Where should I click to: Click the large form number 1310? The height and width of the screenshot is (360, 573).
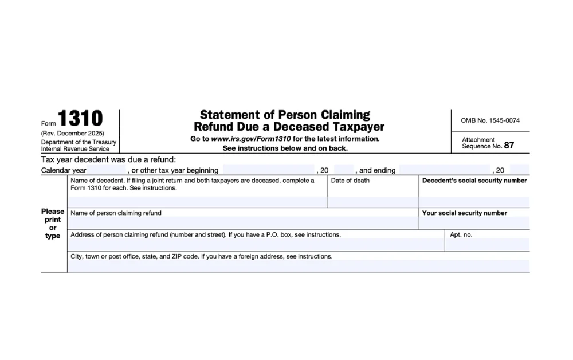pyautogui.click(x=80, y=119)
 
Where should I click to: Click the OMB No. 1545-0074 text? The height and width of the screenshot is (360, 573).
pyautogui.click(x=490, y=120)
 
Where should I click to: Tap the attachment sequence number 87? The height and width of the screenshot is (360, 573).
pyautogui.click(x=509, y=146)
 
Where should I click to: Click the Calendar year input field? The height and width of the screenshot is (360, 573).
pyautogui.click(x=108, y=170)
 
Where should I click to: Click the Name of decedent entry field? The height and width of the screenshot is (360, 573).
pyautogui.click(x=197, y=202)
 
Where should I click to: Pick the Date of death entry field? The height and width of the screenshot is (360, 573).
pyautogui.click(x=372, y=202)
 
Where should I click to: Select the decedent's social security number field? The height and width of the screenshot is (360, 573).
pyautogui.click(x=474, y=202)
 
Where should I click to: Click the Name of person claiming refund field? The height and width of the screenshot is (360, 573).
pyautogui.click(x=243, y=223)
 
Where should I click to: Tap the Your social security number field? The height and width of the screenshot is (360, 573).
pyautogui.click(x=474, y=223)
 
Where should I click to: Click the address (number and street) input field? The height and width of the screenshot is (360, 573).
pyautogui.click(x=256, y=245)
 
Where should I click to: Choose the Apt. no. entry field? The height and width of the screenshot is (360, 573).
pyautogui.click(x=487, y=245)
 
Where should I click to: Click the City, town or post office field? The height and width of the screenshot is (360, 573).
pyautogui.click(x=298, y=266)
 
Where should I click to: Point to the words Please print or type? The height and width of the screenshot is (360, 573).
pyautogui.click(x=53, y=224)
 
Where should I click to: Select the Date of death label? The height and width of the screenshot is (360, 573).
pyautogui.click(x=350, y=181)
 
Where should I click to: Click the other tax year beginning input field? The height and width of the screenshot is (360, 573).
pyautogui.click(x=268, y=170)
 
